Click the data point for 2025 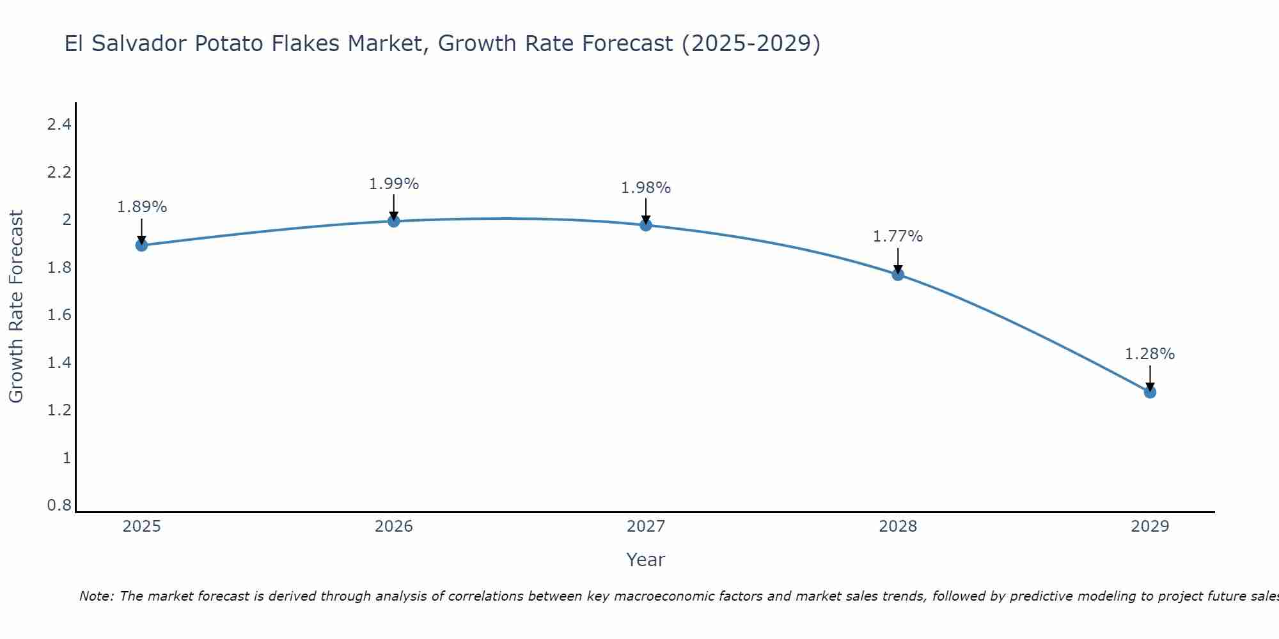pos(141,245)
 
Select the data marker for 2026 pos(394,221)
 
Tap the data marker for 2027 pos(646,225)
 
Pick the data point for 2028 pos(898,275)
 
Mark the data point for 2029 pos(1150,392)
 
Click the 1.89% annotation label pos(141,207)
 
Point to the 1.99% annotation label pos(394,184)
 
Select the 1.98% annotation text pos(646,188)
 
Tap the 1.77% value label pos(898,236)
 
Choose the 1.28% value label pos(1150,354)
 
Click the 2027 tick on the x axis pos(646,527)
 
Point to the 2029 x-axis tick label pos(1150,527)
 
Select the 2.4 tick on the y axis pos(59,125)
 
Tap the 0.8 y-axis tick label pos(59,505)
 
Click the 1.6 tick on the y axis pos(59,315)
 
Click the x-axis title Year pos(646,560)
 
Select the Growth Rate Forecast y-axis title pos(16,307)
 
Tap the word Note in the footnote pos(96,596)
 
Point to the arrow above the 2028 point pos(898,259)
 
